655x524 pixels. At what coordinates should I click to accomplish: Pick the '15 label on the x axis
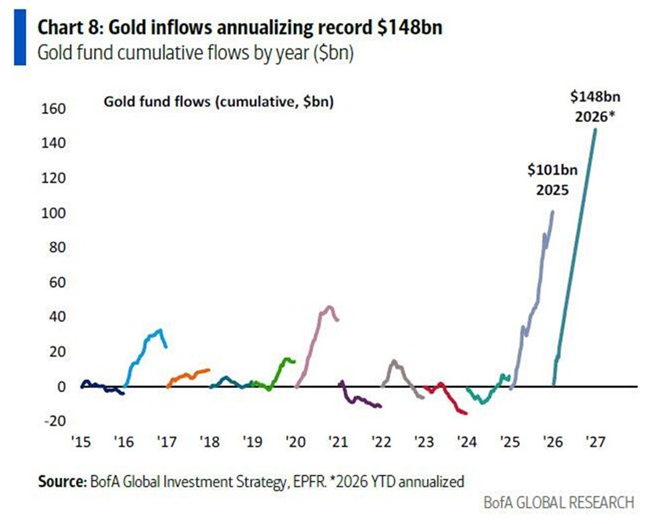pyautogui.click(x=81, y=442)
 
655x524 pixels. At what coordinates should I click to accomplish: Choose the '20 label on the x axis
pyautogui.click(x=295, y=442)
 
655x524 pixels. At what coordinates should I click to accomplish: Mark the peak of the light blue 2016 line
pyautogui.click(x=159, y=330)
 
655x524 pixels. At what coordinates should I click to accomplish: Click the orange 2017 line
pyautogui.click(x=188, y=375)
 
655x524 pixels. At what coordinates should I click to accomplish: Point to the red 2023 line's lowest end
pyautogui.click(x=465, y=413)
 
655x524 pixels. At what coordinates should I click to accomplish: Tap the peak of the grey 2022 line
pyautogui.click(x=394, y=361)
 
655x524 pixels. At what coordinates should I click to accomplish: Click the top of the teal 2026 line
pyautogui.click(x=595, y=130)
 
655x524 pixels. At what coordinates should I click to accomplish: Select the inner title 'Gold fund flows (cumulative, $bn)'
pyautogui.click(x=218, y=102)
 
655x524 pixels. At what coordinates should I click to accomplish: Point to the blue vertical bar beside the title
pyautogui.click(x=19, y=40)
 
